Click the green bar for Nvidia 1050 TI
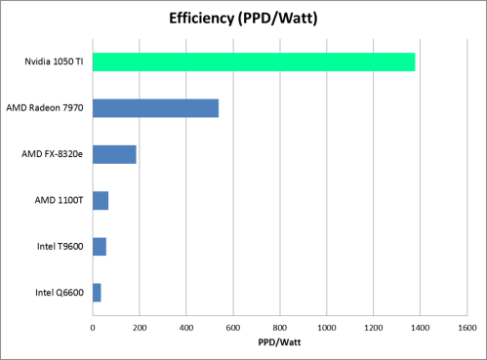[254, 62]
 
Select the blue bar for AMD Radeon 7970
[155, 108]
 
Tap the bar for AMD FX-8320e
[114, 154]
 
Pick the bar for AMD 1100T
[101, 200]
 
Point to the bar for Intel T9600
[99, 246]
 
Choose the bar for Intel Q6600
[97, 292]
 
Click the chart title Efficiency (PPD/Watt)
[243, 18]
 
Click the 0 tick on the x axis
[93, 327]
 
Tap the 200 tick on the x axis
[140, 327]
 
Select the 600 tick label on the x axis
[233, 327]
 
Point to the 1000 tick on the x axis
[327, 327]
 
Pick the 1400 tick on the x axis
[421, 327]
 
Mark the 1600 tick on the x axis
[467, 327]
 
